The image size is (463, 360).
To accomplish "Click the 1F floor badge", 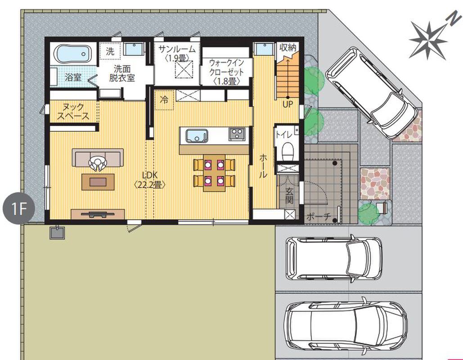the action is tap(19, 208).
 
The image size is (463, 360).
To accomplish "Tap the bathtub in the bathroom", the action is tap(73, 54).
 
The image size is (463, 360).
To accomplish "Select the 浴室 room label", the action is tap(73, 77).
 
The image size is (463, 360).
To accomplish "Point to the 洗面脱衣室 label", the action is tap(122, 73).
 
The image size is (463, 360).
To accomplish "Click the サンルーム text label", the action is tap(177, 49).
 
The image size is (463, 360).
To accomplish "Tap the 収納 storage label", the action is tap(288, 48).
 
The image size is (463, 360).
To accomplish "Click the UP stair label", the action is tap(288, 104).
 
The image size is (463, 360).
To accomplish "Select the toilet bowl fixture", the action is tap(287, 150).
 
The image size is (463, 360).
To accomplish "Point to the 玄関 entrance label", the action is tap(289, 195).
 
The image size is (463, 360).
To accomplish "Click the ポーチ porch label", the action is tap(319, 217).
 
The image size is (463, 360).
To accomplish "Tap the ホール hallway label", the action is tap(263, 166).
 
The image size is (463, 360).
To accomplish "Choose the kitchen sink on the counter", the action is tap(196, 136).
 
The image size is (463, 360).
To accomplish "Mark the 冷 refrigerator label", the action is tap(164, 99).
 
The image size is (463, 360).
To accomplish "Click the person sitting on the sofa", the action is tap(98, 163).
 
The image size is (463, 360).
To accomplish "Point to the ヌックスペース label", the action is tap(73, 111).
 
